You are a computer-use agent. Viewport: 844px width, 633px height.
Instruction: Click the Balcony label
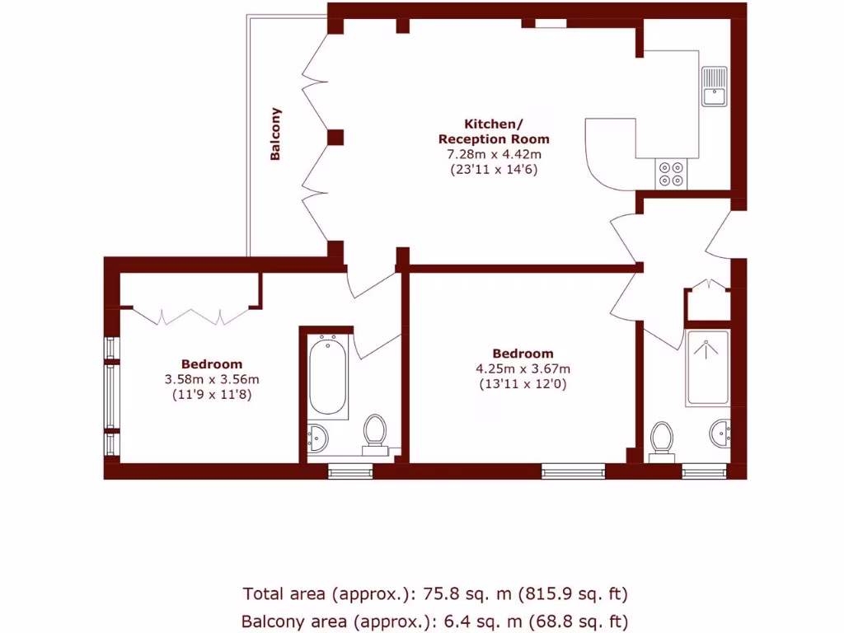point(276,134)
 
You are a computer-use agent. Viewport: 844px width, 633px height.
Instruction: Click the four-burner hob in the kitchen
point(669,172)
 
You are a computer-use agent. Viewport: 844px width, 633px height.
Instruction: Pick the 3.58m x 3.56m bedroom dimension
point(212,379)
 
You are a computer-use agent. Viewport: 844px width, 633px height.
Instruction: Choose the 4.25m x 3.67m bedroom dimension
point(523,368)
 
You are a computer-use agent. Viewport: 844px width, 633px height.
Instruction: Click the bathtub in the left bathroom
point(327,375)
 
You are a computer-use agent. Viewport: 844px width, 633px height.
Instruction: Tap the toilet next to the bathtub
point(375,432)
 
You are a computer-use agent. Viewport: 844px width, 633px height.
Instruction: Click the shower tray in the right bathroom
point(707,368)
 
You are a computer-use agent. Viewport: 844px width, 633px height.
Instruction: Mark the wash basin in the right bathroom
point(720,433)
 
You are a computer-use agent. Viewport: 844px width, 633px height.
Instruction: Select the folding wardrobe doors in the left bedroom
point(191,316)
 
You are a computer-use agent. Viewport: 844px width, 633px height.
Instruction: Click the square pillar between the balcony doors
point(335,137)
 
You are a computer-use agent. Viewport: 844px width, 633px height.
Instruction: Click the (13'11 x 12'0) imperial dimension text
point(523,384)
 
